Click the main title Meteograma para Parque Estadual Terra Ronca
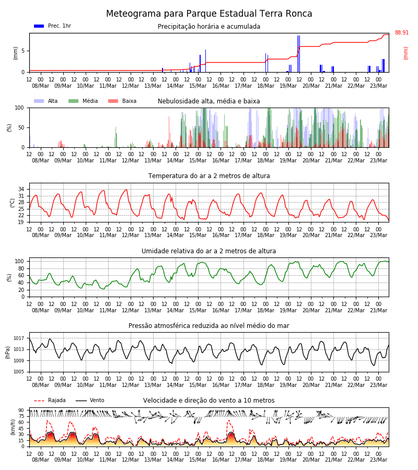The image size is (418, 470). click(x=209, y=14)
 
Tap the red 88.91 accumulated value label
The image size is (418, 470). click(x=401, y=32)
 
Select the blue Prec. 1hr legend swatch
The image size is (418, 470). click(x=39, y=26)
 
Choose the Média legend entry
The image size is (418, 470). click(x=83, y=101)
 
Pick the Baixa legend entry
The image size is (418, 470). click(x=122, y=101)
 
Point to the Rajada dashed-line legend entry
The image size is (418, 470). click(x=50, y=400)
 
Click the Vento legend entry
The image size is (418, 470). click(x=90, y=400)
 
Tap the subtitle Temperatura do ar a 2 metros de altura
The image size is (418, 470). click(x=209, y=176)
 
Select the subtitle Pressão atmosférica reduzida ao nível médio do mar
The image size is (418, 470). click(x=209, y=325)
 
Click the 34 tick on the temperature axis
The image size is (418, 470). click(x=21, y=189)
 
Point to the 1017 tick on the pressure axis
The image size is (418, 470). click(x=19, y=338)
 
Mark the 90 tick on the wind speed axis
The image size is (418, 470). click(x=21, y=410)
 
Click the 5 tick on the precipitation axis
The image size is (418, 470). click(x=23, y=51)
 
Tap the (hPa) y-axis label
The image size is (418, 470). click(x=8, y=352)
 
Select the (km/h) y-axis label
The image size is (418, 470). click(x=13, y=427)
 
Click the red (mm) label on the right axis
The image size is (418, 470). click(x=405, y=53)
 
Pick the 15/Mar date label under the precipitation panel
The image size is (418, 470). click(x=198, y=86)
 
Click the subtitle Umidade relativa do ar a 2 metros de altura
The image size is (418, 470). click(x=209, y=251)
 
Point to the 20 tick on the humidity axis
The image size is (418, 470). click(x=21, y=290)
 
